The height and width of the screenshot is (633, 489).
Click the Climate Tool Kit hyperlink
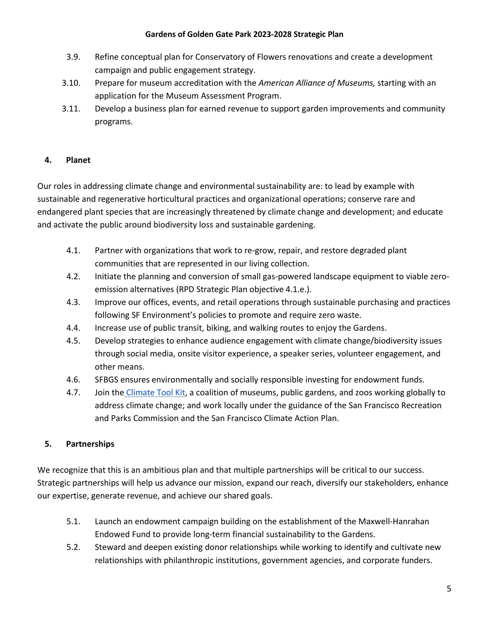(155, 393)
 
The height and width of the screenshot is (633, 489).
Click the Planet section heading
(78, 160)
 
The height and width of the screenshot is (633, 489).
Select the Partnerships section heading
(90, 444)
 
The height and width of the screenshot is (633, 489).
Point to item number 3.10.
(71, 83)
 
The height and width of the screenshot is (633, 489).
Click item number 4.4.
(73, 328)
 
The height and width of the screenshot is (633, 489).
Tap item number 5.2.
(73, 547)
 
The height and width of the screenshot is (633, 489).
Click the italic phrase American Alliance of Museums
(317, 83)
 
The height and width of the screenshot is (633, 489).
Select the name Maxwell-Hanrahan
(393, 522)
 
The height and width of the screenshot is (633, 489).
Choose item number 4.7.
(73, 393)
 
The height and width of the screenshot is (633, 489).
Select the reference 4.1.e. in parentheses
(301, 289)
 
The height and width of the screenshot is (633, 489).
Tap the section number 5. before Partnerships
(48, 444)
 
